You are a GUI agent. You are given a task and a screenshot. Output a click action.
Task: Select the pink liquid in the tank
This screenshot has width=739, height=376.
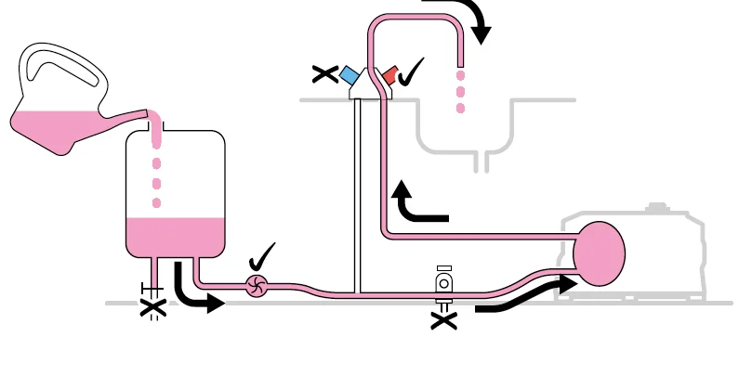(x=175, y=236)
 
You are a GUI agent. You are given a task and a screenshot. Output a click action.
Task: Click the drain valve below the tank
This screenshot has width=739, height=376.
(x=152, y=290)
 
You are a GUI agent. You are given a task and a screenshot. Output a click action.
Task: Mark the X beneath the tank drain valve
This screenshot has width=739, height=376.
(x=152, y=309)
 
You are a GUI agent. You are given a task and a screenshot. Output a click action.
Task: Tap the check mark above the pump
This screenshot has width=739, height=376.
(x=263, y=255)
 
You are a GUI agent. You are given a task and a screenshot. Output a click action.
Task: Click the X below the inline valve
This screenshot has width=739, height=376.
(x=444, y=320)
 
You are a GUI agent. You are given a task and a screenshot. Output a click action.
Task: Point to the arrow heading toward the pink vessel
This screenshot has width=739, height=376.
(x=525, y=293)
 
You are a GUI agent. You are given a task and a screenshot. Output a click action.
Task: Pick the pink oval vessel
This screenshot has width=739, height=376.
(x=599, y=253)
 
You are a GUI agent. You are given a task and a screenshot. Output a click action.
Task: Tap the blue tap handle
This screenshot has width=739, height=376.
(x=350, y=74)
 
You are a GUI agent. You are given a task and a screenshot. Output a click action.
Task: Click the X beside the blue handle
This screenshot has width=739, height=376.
(x=325, y=73)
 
